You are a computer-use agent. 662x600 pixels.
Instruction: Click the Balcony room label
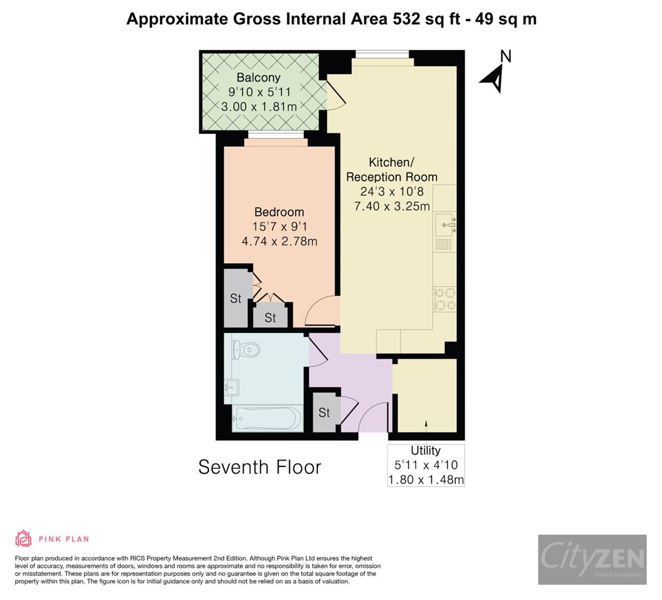coord(258,78)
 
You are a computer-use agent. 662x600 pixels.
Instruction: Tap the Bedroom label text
coord(279,212)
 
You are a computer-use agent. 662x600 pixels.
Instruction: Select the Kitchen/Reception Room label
coord(391,169)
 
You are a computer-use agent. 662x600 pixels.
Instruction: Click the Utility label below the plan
coord(426,451)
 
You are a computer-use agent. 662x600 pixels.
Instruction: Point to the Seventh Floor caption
coord(260,467)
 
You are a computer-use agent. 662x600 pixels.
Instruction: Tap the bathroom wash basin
coord(232,386)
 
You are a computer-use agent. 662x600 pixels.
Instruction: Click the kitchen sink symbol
coord(446,224)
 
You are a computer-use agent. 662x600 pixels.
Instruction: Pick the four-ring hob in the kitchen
coord(445,299)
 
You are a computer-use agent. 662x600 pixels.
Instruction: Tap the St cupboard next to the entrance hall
coord(324,413)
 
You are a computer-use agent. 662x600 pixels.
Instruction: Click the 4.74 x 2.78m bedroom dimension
coord(279,241)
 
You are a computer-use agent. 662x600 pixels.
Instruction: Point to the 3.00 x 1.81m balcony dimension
coord(258,106)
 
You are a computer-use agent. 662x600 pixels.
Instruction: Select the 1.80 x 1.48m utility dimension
coord(426,479)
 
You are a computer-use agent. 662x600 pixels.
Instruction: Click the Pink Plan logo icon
coord(23,538)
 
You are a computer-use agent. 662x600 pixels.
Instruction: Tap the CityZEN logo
coord(592,559)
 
